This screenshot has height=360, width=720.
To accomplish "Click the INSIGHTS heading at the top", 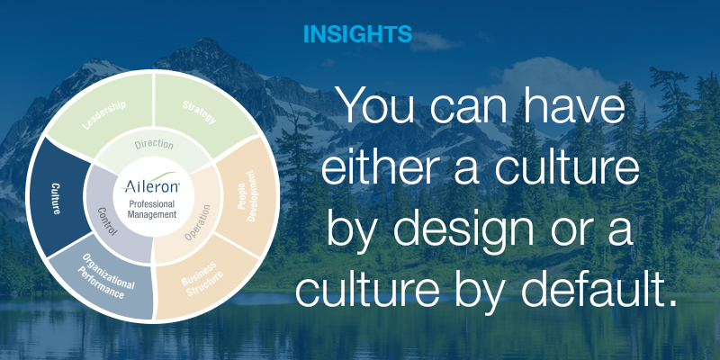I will (357, 35).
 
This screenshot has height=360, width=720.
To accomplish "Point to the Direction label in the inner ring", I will (154, 144).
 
